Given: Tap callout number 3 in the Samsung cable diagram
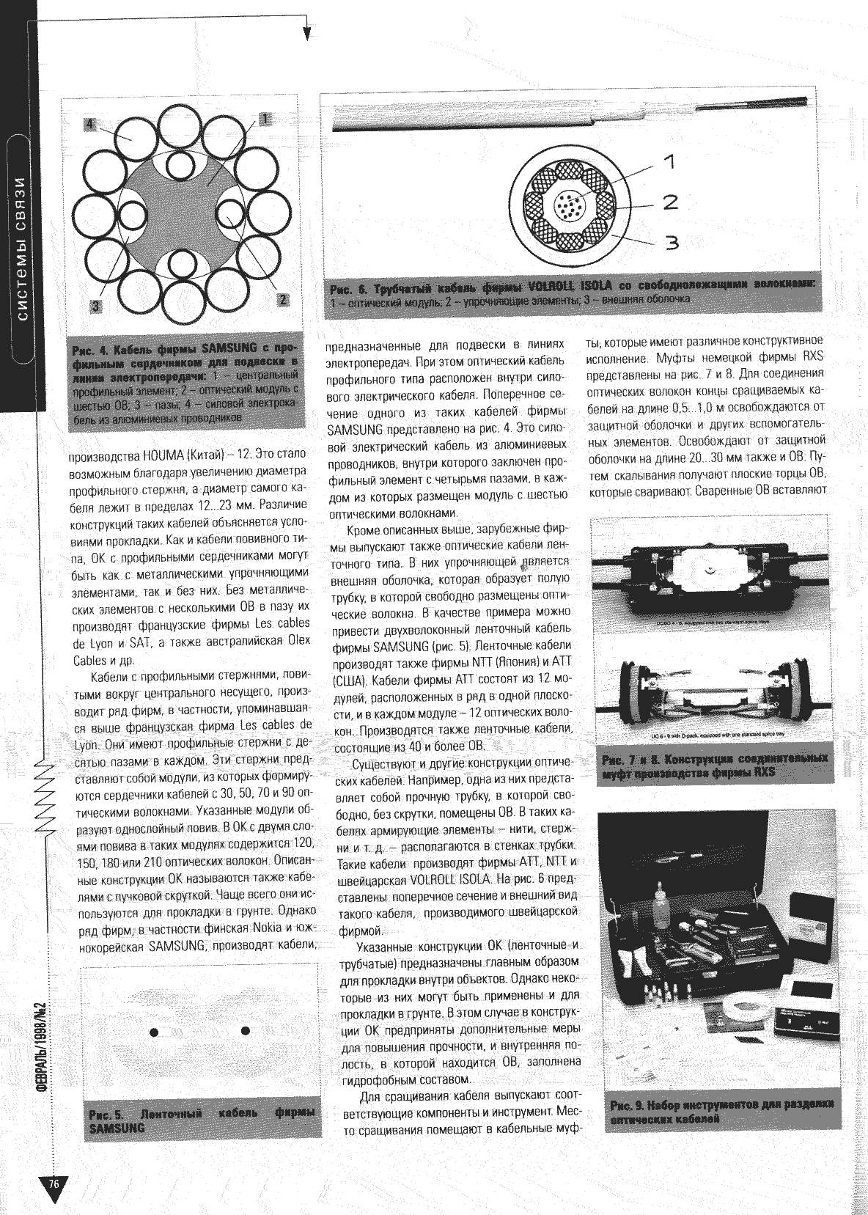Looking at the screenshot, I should [x=95, y=306].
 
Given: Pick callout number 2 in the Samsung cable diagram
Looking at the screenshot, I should [x=282, y=298].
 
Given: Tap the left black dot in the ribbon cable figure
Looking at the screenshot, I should [x=154, y=1032].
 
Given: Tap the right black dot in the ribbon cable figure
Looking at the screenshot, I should [x=246, y=1031].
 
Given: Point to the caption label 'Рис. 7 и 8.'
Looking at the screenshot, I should [x=633, y=757].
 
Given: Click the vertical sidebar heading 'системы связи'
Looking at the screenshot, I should [x=21, y=249].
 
